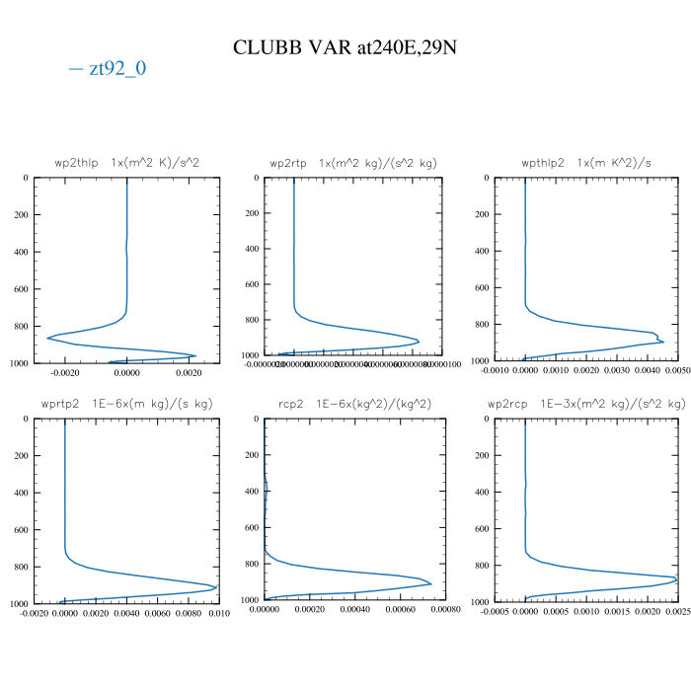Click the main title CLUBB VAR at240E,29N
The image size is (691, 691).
click(345, 47)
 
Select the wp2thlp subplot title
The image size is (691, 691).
click(127, 162)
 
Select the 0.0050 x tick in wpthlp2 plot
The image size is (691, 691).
click(677, 371)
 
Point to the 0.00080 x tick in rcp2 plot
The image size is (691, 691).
click(446, 610)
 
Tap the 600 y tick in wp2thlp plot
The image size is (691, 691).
click(19, 289)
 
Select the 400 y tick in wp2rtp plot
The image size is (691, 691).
click(251, 249)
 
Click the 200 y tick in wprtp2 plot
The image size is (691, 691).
click(19, 456)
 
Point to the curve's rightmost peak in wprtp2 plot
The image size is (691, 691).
click(216, 587)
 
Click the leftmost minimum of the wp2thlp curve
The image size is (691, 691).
click(46, 339)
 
